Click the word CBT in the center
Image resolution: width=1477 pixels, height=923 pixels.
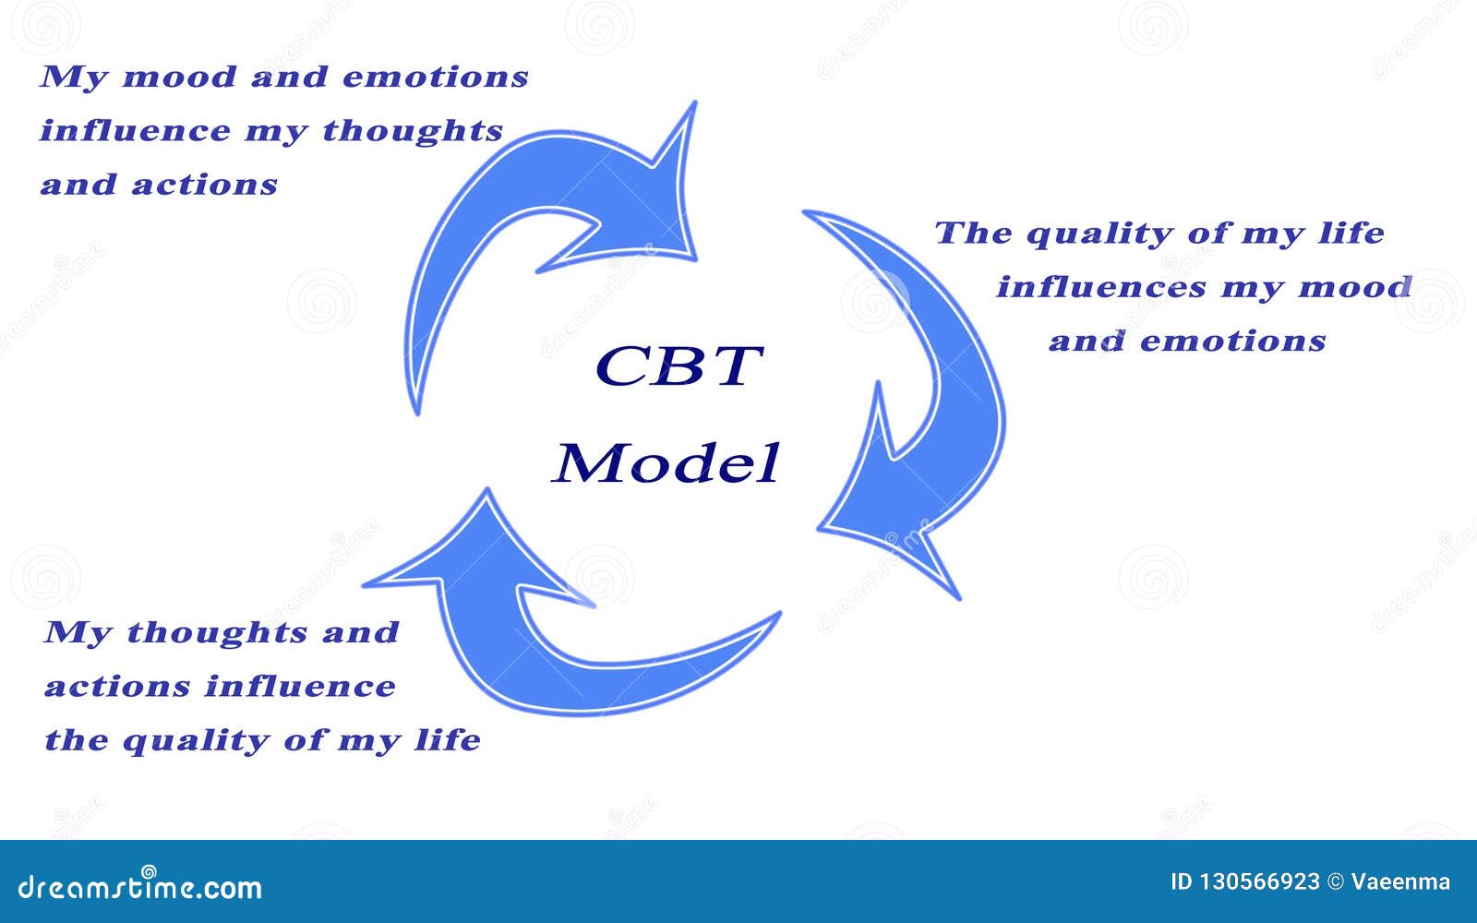pos(679,366)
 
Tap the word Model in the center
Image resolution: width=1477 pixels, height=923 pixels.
pos(666,463)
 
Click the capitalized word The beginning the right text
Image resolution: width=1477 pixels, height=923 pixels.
pos(973,233)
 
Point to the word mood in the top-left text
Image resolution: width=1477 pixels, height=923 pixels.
pos(179,78)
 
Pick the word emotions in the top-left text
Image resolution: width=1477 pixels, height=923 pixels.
pos(436,78)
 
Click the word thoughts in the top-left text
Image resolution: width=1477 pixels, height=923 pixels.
pos(413,130)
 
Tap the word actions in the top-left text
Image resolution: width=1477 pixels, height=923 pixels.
pos(204,186)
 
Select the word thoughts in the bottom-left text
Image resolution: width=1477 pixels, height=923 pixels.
pos(217,633)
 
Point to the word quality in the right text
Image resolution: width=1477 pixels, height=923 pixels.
pos(1099,234)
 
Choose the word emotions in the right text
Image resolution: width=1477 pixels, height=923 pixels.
pos(1233,342)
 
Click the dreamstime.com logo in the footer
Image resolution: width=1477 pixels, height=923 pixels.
pos(139,884)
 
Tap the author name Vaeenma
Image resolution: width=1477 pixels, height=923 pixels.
pos(1400,882)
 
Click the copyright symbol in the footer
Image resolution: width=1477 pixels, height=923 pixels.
pos(1335,882)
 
